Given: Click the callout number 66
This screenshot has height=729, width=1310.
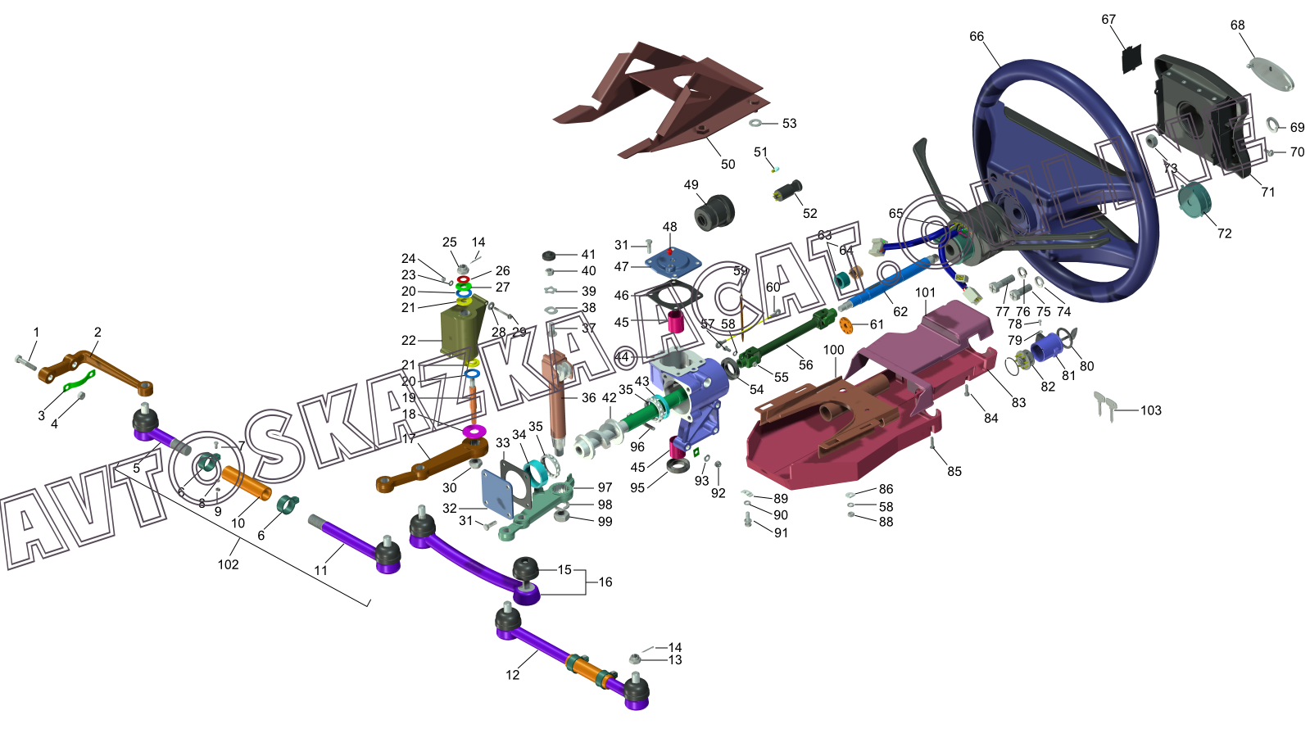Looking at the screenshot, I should tap(977, 37).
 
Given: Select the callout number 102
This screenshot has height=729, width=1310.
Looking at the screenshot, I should tap(229, 564).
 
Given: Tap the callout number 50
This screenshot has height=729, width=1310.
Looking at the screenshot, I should tap(728, 164).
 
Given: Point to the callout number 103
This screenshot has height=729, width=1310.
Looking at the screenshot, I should tap(1151, 410).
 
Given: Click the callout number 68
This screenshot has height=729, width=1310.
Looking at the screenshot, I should tap(1237, 25).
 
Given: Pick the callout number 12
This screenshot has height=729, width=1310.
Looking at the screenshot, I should tap(513, 675).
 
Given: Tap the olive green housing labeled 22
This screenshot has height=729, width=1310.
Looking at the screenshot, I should tap(463, 332).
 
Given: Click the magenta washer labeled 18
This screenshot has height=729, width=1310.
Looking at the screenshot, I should tap(474, 431).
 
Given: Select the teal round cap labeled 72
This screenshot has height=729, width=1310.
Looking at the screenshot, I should tap(1194, 200).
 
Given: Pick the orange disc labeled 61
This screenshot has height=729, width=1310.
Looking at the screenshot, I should tap(847, 326).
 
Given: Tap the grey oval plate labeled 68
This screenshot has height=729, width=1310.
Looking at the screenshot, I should tap(1271, 74).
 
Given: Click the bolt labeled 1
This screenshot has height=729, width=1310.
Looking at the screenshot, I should tap(25, 361).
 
